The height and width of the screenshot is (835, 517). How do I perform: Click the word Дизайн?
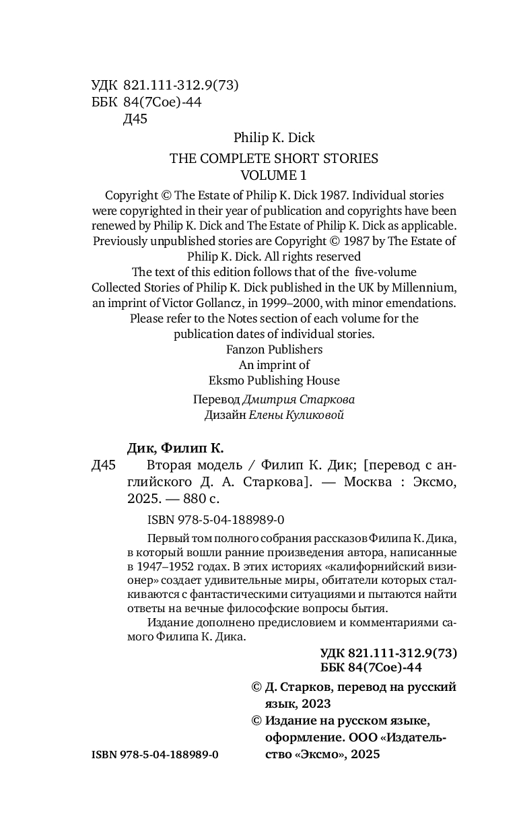pos(224,415)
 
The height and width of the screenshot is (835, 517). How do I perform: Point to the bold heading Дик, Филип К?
pos(175,448)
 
